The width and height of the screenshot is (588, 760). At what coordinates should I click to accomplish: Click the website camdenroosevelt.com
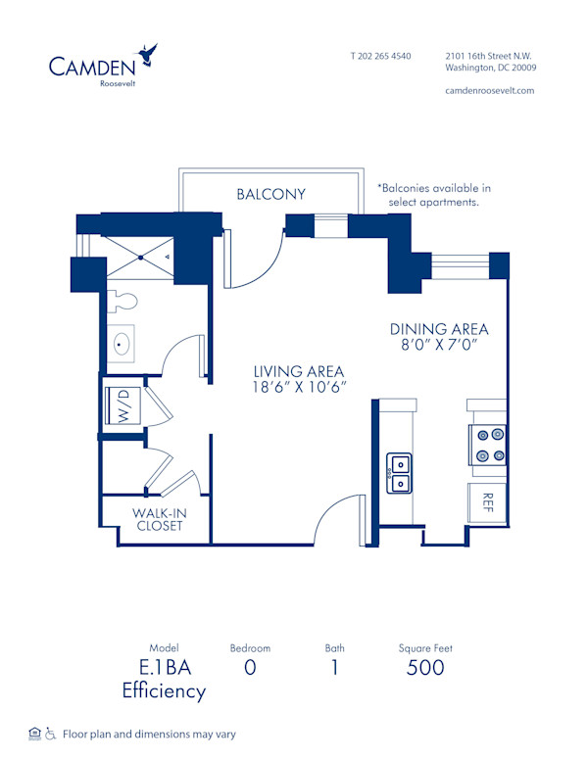point(489,90)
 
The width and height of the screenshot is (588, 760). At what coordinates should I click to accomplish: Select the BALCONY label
point(270,194)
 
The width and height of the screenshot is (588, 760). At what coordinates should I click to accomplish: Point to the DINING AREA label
point(439,329)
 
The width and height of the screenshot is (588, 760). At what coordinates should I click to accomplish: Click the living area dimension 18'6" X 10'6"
point(299,388)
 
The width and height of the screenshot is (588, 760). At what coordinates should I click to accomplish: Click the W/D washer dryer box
point(123,405)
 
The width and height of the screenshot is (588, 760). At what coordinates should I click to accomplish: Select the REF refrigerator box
point(487,502)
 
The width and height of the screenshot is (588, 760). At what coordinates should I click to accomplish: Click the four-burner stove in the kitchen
point(487,444)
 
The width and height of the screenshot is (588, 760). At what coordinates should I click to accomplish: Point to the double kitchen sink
point(399,471)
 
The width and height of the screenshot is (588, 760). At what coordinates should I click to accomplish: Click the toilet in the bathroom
point(122,298)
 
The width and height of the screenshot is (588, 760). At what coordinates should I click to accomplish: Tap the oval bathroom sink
point(124,344)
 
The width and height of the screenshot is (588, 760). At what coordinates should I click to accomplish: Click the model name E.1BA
point(164,668)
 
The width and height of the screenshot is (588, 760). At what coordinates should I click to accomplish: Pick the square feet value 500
point(424,668)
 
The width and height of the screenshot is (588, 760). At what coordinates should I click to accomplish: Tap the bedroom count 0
point(250,668)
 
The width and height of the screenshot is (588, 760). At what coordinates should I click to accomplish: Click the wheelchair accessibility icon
point(51,734)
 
